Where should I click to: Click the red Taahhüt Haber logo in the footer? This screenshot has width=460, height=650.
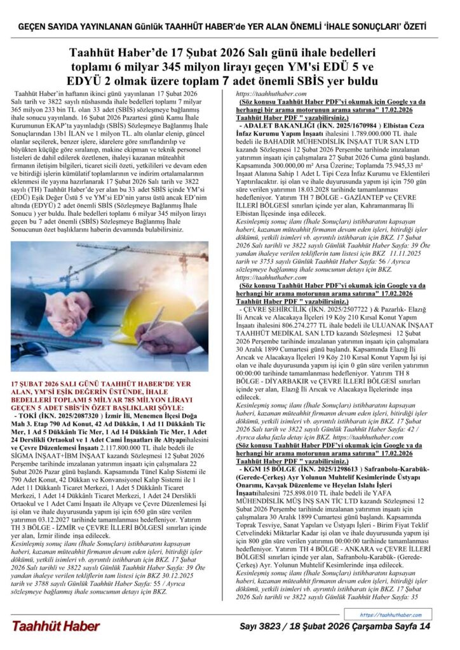(x=56, y=626)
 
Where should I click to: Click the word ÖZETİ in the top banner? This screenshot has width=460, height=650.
(x=410, y=27)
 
